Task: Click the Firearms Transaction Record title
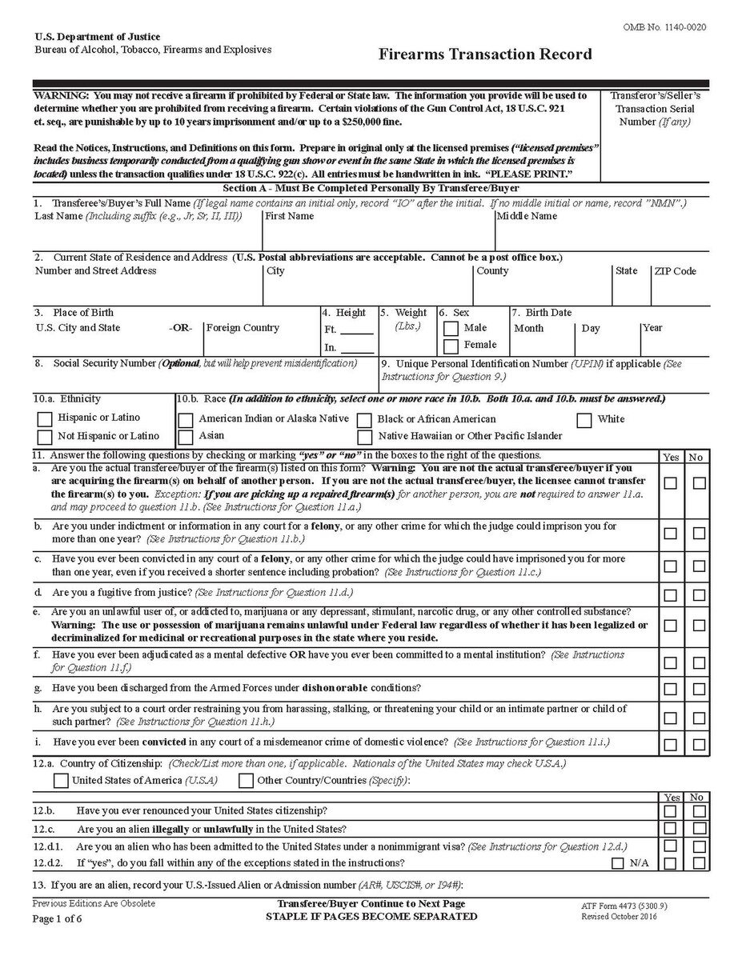coord(485,54)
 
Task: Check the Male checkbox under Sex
coord(451,329)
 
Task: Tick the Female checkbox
coord(451,346)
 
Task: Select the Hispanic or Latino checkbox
coord(46,418)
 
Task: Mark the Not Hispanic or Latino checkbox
coord(46,437)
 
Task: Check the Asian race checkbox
coord(186,437)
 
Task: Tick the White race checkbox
coord(584,420)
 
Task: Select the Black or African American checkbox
coord(365,420)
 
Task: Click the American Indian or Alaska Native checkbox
coord(186,420)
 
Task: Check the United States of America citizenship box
coord(61,780)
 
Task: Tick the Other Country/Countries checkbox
coord(247,780)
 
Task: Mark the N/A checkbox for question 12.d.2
coord(618,863)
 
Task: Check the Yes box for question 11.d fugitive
coord(670,595)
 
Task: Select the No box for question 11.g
coord(700,689)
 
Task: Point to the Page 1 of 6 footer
coord(58,918)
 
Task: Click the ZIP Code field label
coord(675,271)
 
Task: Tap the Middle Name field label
coord(527,216)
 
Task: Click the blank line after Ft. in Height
coord(357,330)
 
